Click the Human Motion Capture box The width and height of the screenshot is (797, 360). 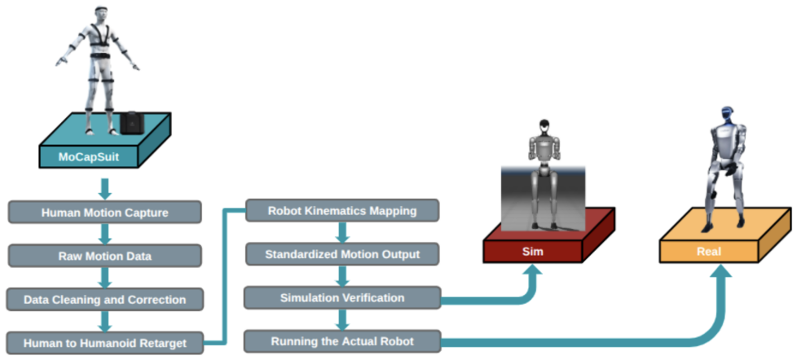click(104, 213)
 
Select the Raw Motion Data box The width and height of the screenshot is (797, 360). click(104, 256)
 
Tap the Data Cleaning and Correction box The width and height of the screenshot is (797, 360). click(104, 300)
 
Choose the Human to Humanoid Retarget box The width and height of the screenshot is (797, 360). click(104, 343)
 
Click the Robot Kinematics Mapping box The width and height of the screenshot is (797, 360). click(342, 210)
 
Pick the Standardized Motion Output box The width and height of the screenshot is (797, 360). click(342, 254)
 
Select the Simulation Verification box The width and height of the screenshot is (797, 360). click(342, 297)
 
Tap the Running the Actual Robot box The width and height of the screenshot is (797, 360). click(342, 341)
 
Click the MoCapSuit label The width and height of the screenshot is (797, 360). click(89, 157)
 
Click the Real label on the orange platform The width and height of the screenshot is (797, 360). click(709, 252)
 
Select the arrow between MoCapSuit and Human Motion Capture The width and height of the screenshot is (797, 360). click(105, 189)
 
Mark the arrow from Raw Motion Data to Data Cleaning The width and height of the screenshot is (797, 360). click(105, 278)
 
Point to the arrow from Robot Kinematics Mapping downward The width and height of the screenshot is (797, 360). click(342, 232)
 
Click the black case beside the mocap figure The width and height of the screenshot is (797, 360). click(133, 123)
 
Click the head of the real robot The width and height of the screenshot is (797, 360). click(727, 114)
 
